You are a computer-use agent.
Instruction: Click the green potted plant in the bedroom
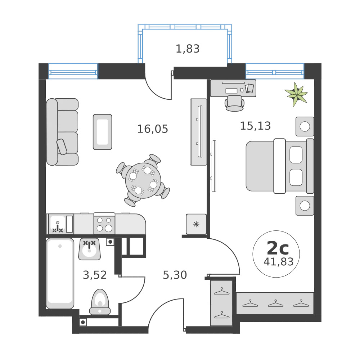click(296, 94)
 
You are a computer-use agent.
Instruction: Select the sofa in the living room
click(62, 132)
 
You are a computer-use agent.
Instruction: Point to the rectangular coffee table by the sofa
click(103, 131)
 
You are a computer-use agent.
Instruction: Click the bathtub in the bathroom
click(60, 273)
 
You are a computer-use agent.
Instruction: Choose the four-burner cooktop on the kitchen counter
click(104, 224)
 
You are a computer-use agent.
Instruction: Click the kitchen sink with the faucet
click(57, 224)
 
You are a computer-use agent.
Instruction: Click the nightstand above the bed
click(305, 126)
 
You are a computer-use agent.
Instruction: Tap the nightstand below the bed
click(305, 206)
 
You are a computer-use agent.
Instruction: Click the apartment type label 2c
click(278, 248)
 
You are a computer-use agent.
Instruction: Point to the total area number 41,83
click(278, 261)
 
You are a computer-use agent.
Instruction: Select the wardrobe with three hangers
click(275, 303)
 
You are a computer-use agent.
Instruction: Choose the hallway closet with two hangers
click(222, 303)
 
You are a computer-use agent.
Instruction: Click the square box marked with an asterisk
click(196, 224)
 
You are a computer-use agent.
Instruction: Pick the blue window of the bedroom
click(275, 71)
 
